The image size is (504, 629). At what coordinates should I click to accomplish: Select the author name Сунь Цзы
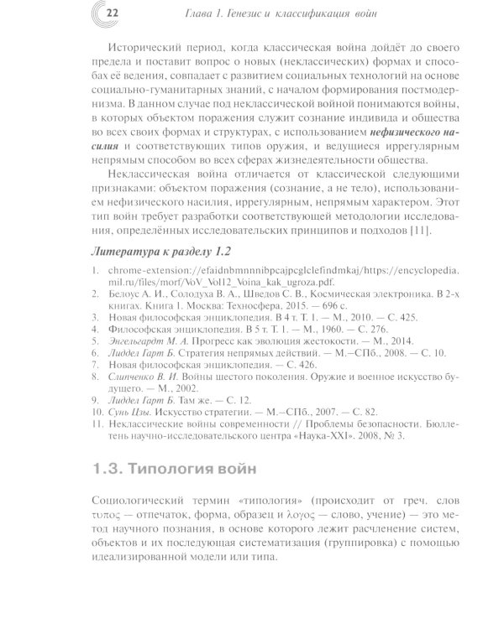tap(122, 388)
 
